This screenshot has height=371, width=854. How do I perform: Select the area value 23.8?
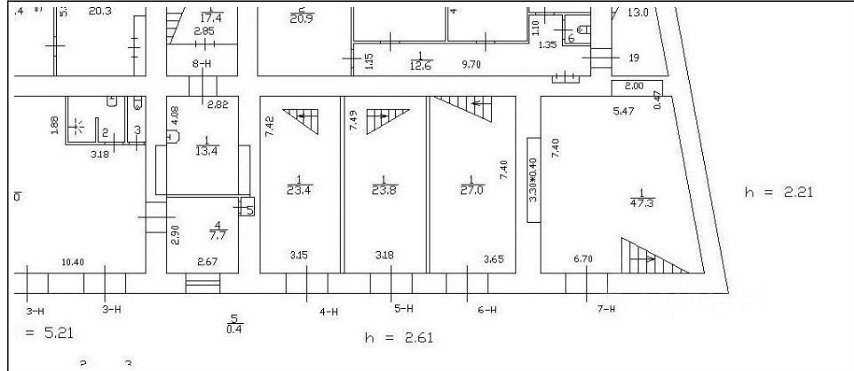[x=384, y=189]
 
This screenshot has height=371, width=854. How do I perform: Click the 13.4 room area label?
[x=206, y=148]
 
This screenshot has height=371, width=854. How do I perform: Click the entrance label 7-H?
[x=606, y=310]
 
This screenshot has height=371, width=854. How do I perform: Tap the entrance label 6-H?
[x=486, y=310]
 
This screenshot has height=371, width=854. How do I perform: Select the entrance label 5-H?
[x=403, y=309]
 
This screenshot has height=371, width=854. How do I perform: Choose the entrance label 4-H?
[x=328, y=311]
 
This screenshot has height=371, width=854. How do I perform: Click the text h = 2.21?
[x=779, y=190]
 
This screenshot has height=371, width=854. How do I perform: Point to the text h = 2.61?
[x=399, y=338]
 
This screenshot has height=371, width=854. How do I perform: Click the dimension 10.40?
[x=73, y=262]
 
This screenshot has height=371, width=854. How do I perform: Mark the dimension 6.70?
[x=583, y=258]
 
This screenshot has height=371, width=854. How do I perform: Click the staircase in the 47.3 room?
[x=655, y=257]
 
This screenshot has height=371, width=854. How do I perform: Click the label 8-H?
[x=202, y=65]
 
